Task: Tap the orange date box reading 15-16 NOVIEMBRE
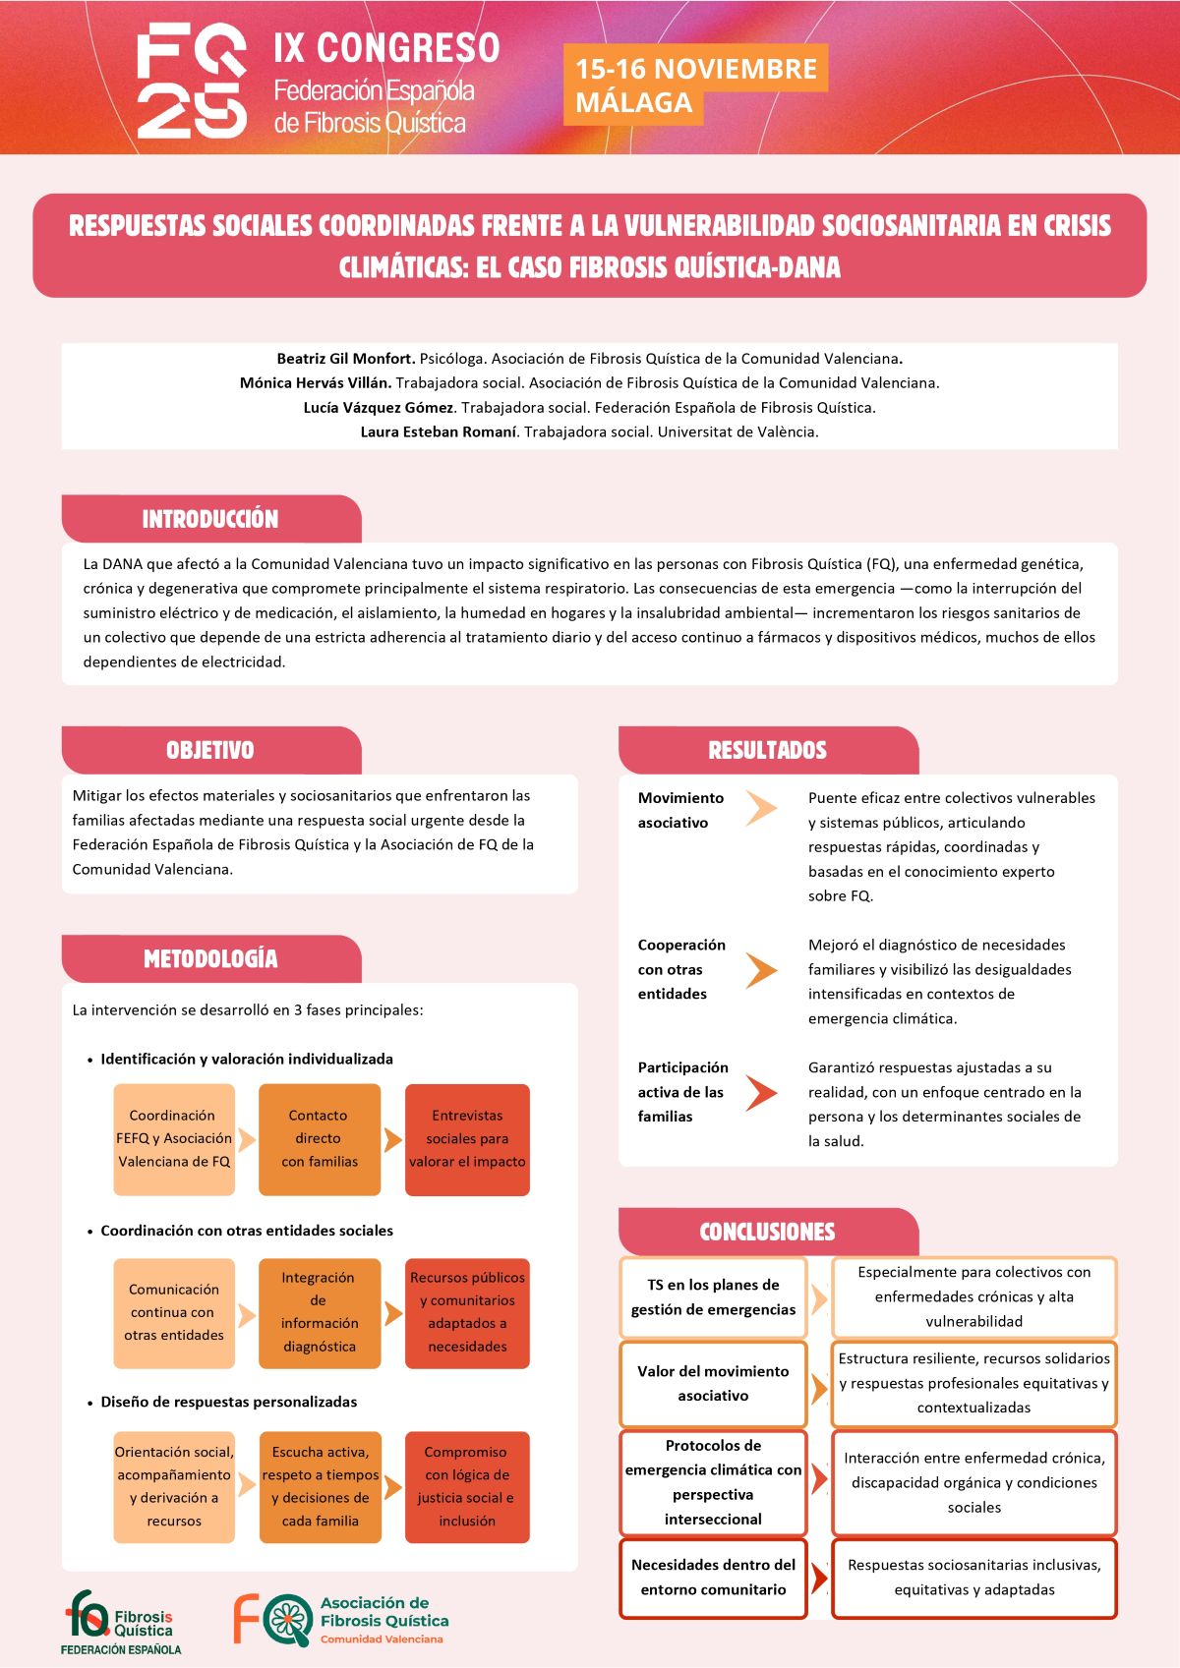pos(694,85)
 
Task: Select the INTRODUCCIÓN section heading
pos(210,519)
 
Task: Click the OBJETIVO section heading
pos(210,750)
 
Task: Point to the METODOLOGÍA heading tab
pos(210,958)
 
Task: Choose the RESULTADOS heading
pos(767,750)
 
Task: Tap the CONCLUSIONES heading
pos(767,1232)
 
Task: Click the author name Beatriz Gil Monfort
pos(345,359)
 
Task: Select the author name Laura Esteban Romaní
pos(438,431)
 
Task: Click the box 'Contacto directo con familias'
pos(319,1139)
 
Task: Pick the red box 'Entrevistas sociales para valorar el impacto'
pos(467,1139)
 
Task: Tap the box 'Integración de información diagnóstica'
pos(319,1312)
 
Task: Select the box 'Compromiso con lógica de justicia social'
pos(467,1486)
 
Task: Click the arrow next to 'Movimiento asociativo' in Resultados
pos(760,808)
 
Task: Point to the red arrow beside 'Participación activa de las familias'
pos(760,1092)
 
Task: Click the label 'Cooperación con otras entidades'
pos(680,969)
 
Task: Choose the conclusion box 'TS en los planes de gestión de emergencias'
pos(713,1297)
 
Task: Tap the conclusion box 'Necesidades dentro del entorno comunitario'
pos(713,1577)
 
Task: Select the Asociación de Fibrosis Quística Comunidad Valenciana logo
pos(340,1620)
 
